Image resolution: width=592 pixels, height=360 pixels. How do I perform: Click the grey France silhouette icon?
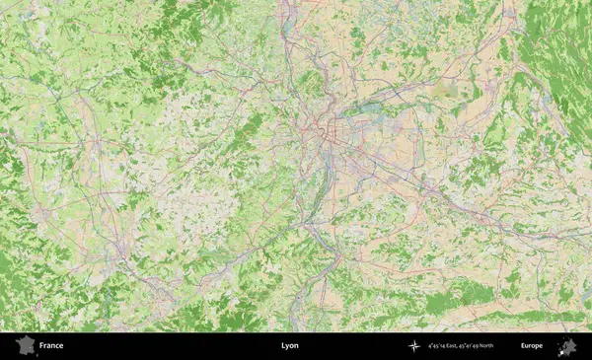pyautogui.click(x=24, y=345)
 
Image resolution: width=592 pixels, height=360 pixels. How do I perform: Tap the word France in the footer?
pyautogui.click(x=51, y=346)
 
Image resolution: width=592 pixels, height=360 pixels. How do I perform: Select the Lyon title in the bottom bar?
pyautogui.click(x=289, y=346)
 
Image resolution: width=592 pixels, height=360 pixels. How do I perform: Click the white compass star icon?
pyautogui.click(x=414, y=346)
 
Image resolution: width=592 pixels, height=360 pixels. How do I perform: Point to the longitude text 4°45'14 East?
pyautogui.click(x=442, y=346)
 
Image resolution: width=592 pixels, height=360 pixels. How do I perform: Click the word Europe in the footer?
pyautogui.click(x=532, y=346)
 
